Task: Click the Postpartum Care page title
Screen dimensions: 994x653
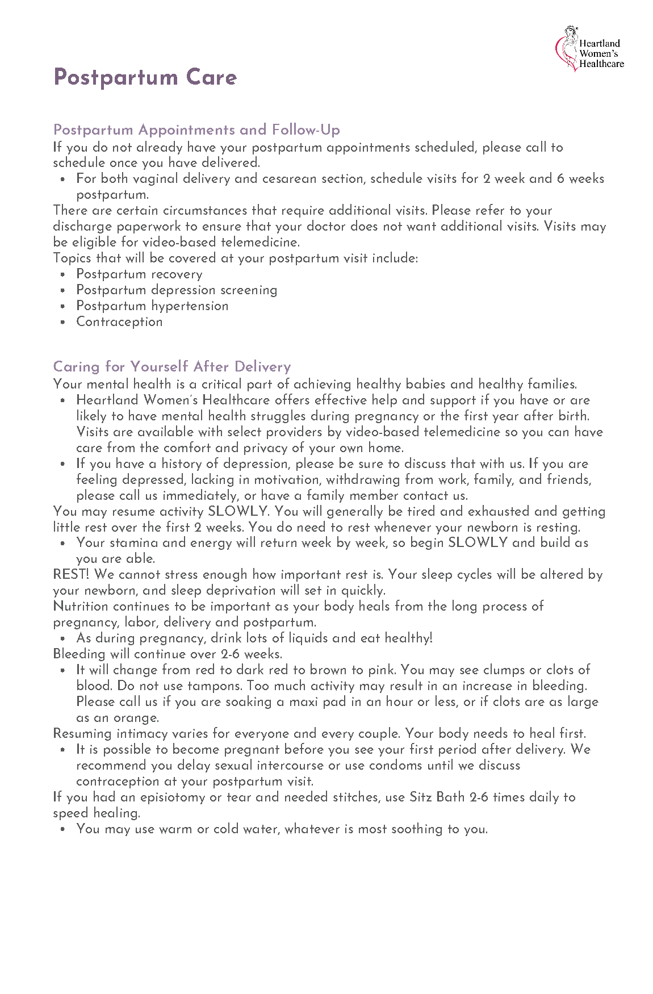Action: pyautogui.click(x=145, y=77)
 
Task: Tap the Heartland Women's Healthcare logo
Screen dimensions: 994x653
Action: pyautogui.click(x=589, y=49)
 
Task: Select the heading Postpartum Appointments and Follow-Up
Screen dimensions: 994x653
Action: pyautogui.click(x=196, y=130)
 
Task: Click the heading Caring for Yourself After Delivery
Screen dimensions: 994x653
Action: pyautogui.click(x=171, y=366)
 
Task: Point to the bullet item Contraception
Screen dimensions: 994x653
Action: pyautogui.click(x=119, y=322)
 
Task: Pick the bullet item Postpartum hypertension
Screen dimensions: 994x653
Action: pyautogui.click(x=152, y=306)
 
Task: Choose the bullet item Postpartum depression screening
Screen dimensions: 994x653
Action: pyautogui.click(x=177, y=290)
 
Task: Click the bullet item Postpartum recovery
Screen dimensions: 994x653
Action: pyautogui.click(x=139, y=274)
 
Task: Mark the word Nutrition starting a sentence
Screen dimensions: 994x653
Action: pyautogui.click(x=81, y=607)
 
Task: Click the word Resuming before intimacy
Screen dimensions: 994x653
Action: pyautogui.click(x=82, y=734)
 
